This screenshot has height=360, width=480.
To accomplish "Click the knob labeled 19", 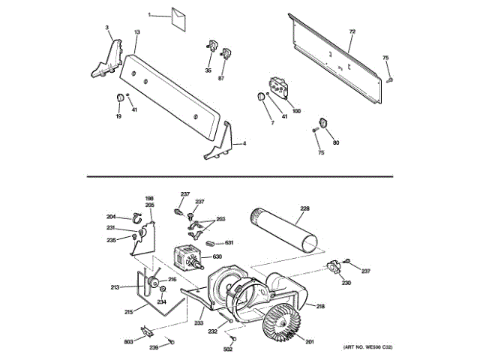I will tap(118, 99).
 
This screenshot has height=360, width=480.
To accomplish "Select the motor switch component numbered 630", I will tap(188, 257).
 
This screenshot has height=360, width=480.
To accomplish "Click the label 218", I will tap(319, 306).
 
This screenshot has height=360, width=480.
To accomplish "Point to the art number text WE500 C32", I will tap(368, 347).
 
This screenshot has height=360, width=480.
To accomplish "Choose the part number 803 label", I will tap(129, 341).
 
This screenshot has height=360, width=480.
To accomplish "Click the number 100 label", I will tap(296, 111).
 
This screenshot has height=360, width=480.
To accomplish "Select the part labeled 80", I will tap(324, 124).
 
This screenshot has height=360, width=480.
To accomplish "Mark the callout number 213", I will tap(115, 287).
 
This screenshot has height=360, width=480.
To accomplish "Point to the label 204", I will tap(110, 217).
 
